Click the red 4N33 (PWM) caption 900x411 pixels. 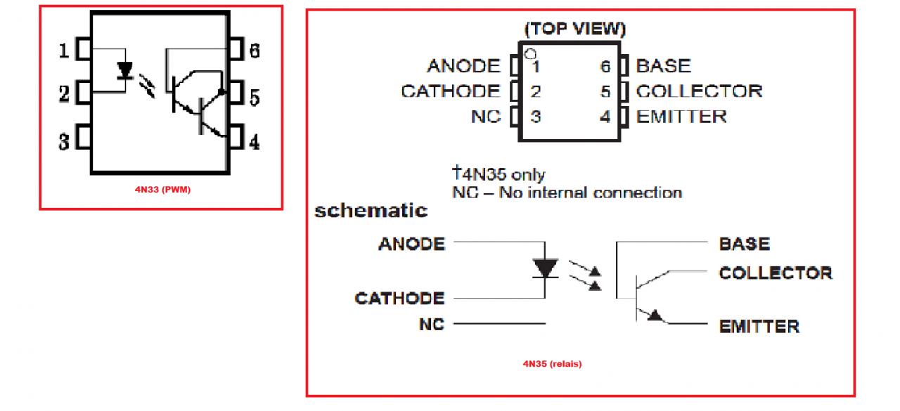pyautogui.click(x=162, y=189)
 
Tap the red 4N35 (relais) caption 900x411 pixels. pyautogui.click(x=552, y=364)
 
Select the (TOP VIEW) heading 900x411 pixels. pyautogui.click(x=574, y=30)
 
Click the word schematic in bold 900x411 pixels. pyautogui.click(x=371, y=210)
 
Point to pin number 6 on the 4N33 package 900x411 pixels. pyautogui.click(x=255, y=51)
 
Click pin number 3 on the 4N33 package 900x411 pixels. pyautogui.click(x=63, y=142)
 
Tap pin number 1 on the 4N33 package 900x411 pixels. pyautogui.click(x=63, y=51)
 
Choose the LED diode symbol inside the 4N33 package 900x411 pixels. pyautogui.click(x=126, y=70)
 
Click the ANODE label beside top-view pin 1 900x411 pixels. pyautogui.click(x=463, y=66)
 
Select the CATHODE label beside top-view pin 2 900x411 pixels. pyautogui.click(x=451, y=91)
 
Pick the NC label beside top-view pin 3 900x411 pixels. pyautogui.click(x=486, y=116)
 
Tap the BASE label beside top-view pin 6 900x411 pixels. pyautogui.click(x=663, y=66)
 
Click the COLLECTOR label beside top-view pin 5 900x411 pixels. pyautogui.click(x=699, y=91)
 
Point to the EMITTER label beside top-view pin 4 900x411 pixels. pyautogui.click(x=681, y=116)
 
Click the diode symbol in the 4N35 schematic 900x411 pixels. pyautogui.click(x=546, y=268)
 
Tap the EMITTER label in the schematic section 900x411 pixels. pyautogui.click(x=759, y=327)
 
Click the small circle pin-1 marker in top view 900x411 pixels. pyautogui.click(x=529, y=53)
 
